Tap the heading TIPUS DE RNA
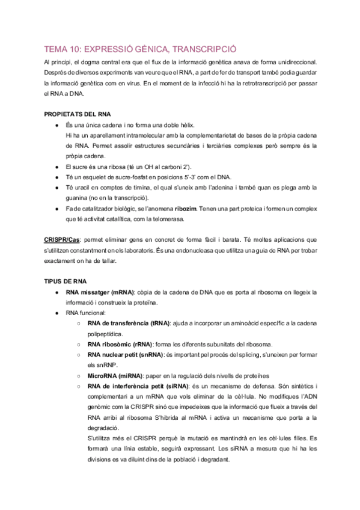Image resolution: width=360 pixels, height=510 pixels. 66,281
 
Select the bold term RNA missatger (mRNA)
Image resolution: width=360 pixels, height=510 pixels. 101,292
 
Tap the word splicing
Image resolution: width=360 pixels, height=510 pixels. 252,354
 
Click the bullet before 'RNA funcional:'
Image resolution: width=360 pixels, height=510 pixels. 56,313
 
